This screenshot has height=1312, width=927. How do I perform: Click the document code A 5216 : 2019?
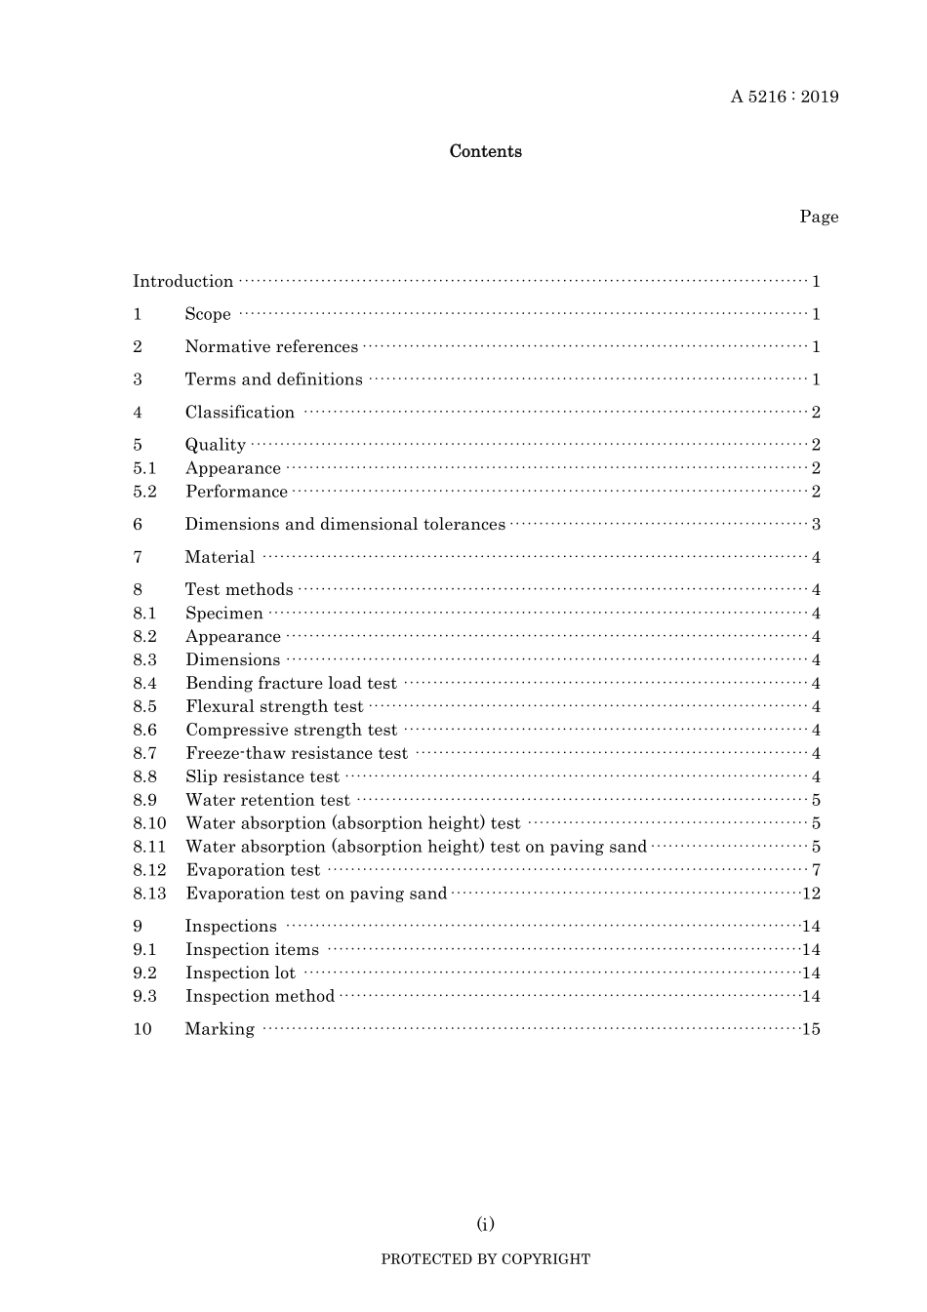pyautogui.click(x=784, y=97)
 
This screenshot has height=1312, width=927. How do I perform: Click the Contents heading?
pyautogui.click(x=485, y=151)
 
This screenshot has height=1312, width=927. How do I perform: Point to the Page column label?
pyautogui.click(x=819, y=217)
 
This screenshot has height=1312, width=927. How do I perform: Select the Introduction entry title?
pyautogui.click(x=183, y=282)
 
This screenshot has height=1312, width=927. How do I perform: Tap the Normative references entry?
pyautogui.click(x=271, y=347)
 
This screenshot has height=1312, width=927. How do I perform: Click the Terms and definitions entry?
pyautogui.click(x=273, y=379)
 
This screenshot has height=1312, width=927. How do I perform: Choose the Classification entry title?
pyautogui.click(x=239, y=413)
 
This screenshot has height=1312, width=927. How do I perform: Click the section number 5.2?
pyautogui.click(x=144, y=492)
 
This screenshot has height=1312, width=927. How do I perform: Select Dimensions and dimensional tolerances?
pyautogui.click(x=345, y=525)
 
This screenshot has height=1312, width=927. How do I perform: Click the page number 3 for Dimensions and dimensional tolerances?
pyautogui.click(x=816, y=525)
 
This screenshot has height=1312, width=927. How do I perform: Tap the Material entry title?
pyautogui.click(x=220, y=557)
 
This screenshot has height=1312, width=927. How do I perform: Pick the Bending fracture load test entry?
pyautogui.click(x=291, y=684)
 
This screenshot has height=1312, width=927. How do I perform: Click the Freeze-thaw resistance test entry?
pyautogui.click(x=297, y=753)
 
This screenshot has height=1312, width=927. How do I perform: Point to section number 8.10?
pyautogui.click(x=149, y=823)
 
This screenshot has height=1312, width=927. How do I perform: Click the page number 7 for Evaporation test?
pyautogui.click(x=816, y=870)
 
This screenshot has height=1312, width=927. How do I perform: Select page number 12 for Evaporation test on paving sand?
pyautogui.click(x=811, y=894)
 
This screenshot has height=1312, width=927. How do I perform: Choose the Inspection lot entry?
pyautogui.click(x=240, y=974)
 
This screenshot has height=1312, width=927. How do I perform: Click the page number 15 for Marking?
pyautogui.click(x=811, y=1029)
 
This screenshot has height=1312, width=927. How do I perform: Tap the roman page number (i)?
pyautogui.click(x=485, y=1224)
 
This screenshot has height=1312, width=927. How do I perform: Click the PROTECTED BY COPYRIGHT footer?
pyautogui.click(x=485, y=1259)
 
